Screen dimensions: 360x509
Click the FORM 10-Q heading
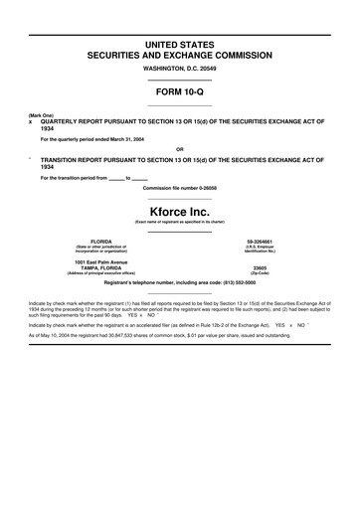pyautogui.click(x=179, y=90)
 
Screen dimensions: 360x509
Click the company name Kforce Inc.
pyautogui.click(x=179, y=213)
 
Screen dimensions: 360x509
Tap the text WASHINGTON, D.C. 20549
pyautogui.click(x=179, y=69)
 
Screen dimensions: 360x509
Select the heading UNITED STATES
pyautogui.click(x=179, y=46)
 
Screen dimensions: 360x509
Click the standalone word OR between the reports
pyautogui.click(x=179, y=152)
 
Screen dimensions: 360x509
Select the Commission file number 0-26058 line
pyautogui.click(x=179, y=188)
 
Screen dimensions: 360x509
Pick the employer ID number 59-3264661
pyautogui.click(x=260, y=242)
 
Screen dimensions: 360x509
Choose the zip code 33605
pyautogui.click(x=260, y=268)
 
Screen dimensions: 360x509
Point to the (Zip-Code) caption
pyautogui.click(x=260, y=274)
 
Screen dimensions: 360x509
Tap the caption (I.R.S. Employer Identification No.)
pyautogui.click(x=260, y=250)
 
